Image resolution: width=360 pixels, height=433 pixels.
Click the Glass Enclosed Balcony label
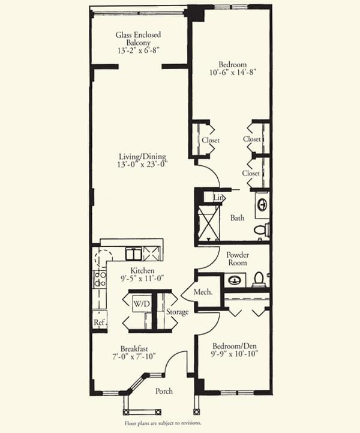138,38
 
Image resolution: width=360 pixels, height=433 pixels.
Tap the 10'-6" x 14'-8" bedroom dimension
233,72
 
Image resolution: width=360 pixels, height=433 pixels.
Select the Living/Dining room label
142,157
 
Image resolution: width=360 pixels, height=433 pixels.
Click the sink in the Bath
262,205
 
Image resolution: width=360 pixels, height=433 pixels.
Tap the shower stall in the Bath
209,223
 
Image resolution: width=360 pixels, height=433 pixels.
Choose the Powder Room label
238,258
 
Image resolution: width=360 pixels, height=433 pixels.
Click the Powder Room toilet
259,279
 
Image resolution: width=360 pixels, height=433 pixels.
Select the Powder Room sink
235,280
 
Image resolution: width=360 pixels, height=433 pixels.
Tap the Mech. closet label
203,292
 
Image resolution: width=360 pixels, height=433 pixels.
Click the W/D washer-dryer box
142,304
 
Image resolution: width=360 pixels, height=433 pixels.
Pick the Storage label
177,312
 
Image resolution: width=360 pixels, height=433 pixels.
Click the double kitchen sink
134,254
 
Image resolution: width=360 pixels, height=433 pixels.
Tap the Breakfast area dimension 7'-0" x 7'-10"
134,356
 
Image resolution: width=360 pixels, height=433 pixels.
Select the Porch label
164,391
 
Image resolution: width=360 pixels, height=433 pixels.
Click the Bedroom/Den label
235,346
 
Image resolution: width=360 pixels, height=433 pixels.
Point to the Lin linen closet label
218,198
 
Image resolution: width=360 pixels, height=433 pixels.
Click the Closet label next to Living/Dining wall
211,141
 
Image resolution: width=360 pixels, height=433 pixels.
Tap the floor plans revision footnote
163,423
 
